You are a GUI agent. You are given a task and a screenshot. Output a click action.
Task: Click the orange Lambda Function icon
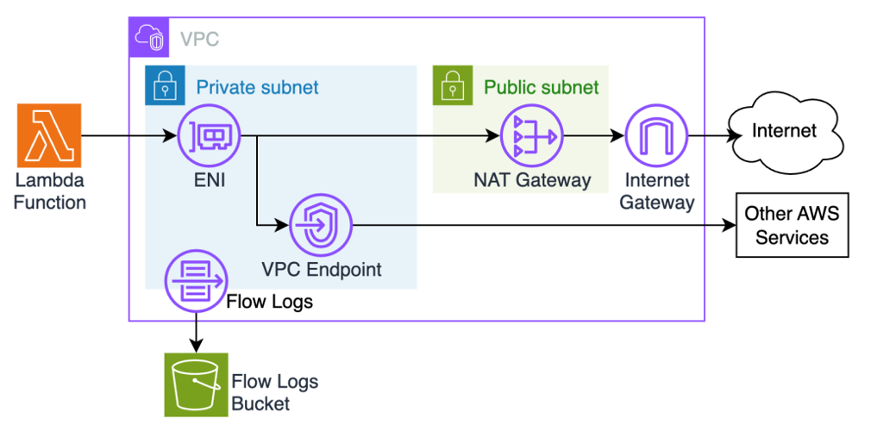tap(48, 135)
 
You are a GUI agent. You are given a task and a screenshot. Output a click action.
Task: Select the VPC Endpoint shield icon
tap(320, 226)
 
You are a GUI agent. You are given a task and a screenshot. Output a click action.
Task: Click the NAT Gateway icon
tap(531, 137)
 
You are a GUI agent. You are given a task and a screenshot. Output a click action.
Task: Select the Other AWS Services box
tap(792, 225)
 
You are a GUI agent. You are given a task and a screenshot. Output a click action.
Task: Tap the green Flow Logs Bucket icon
tap(196, 384)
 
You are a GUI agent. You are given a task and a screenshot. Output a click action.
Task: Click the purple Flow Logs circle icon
tap(196, 280)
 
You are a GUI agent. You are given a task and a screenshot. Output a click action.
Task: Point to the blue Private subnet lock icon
tap(160, 87)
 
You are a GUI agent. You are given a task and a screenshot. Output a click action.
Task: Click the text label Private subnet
tap(257, 87)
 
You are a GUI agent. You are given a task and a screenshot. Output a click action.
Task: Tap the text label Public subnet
tap(541, 87)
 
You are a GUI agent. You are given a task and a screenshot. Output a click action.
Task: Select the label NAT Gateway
tap(532, 180)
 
